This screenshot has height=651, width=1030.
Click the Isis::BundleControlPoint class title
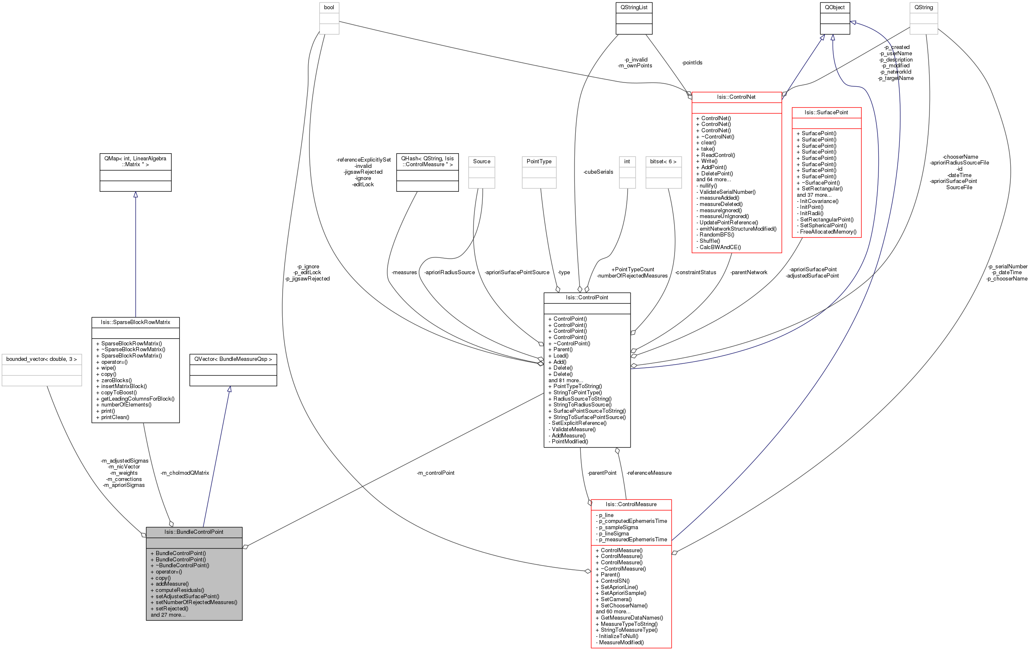tap(194, 532)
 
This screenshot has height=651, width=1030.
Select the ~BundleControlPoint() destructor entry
tap(182, 566)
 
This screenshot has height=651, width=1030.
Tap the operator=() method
tap(169, 572)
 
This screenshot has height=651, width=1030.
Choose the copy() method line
tap(163, 578)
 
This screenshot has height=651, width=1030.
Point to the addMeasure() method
tap(172, 584)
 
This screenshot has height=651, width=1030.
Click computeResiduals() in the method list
tap(180, 590)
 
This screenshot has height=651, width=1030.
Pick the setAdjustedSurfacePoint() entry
tap(187, 596)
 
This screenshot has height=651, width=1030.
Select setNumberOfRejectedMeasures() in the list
tap(196, 602)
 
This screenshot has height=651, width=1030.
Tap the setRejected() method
tap(172, 609)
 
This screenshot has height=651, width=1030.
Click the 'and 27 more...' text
tap(168, 615)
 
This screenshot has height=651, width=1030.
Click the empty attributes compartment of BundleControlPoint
tap(194, 543)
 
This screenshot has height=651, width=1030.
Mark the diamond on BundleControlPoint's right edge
tap(245, 547)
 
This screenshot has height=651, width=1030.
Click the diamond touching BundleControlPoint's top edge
tap(171, 524)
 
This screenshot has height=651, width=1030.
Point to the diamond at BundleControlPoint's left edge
tap(144, 535)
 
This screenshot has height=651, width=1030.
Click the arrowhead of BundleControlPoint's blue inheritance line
tap(230, 389)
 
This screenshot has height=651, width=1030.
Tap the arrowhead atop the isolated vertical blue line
tap(136, 195)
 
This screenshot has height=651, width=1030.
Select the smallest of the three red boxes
tap(827, 172)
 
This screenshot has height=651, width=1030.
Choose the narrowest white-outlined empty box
tap(627, 172)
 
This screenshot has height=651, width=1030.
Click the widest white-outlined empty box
tap(42, 370)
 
